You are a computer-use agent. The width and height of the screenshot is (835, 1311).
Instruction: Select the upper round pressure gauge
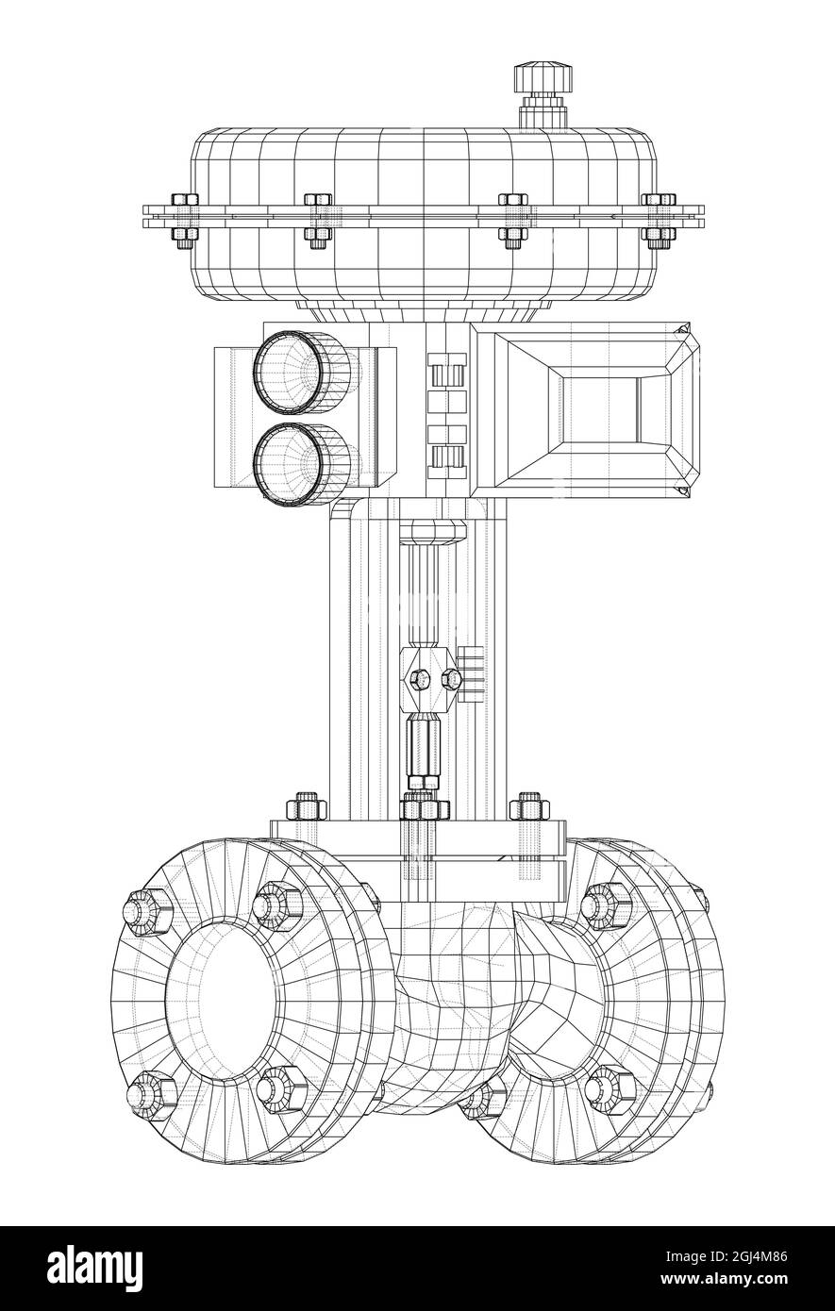(291, 372)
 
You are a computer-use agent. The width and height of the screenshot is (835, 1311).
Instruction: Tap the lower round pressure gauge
(291, 461)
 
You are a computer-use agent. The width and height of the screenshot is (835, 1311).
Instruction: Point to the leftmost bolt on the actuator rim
(185, 217)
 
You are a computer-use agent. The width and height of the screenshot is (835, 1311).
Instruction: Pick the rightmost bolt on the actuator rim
(659, 217)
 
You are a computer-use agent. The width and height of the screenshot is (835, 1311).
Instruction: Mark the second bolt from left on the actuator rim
(318, 217)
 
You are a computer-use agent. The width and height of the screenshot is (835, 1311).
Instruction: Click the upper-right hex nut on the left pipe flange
(277, 904)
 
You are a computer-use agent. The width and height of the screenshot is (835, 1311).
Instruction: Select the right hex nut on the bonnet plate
(528, 806)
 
